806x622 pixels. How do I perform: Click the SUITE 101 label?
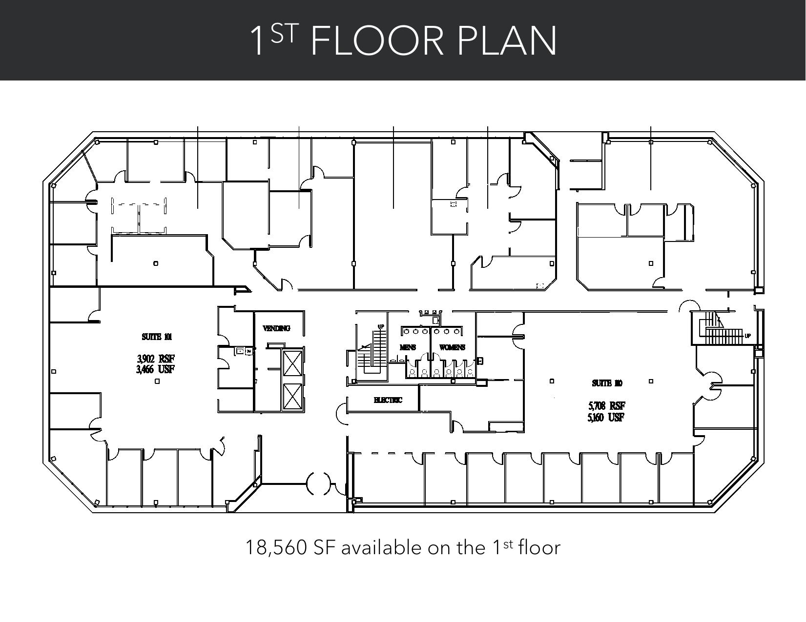coord(157,337)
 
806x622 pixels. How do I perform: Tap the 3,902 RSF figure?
coord(156,360)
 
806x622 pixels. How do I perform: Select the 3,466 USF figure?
coord(156,369)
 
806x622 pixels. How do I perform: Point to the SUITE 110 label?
coord(607,383)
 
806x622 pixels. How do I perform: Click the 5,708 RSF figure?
coord(606,406)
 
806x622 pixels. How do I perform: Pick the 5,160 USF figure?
coord(606,417)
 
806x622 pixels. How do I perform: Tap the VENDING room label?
coord(276,328)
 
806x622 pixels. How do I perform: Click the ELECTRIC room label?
coord(388,400)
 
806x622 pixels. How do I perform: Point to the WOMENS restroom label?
coord(452,347)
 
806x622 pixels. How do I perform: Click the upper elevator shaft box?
coord(292,363)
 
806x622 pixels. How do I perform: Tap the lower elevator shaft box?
coord(292,397)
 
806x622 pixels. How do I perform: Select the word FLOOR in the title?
coord(377,41)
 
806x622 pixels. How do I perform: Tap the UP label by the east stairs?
coord(747,336)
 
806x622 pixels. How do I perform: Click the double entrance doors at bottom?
coord(318,483)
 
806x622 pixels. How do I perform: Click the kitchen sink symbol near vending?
coord(240,350)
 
